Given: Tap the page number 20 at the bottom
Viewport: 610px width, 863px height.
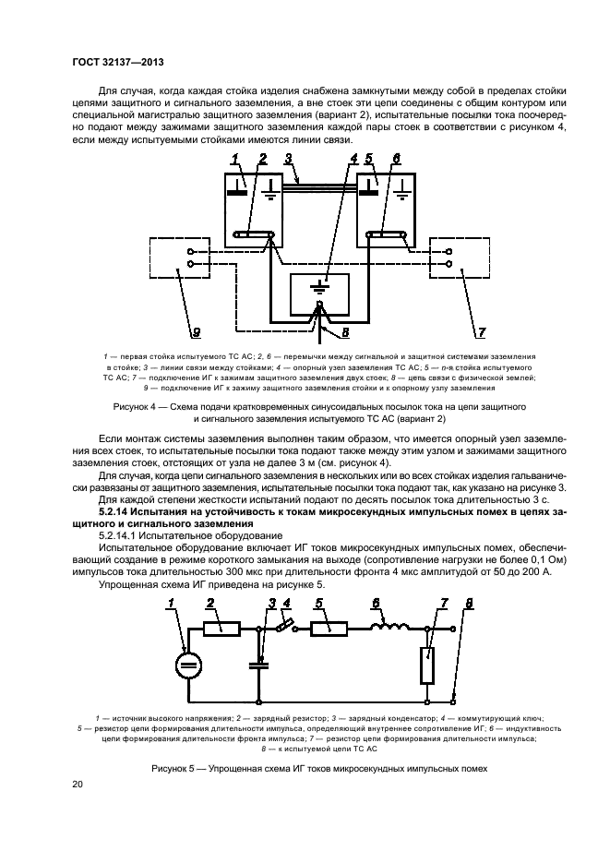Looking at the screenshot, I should tap(78, 784).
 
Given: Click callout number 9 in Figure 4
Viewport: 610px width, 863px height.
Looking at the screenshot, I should tap(196, 330).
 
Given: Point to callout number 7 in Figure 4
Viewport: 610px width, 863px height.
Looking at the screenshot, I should tap(481, 330).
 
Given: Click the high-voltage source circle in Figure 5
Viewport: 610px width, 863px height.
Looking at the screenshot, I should tap(187, 665).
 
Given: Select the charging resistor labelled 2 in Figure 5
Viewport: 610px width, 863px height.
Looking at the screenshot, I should tap(222, 629).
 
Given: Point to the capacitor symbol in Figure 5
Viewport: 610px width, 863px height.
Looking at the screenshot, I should tap(258, 662).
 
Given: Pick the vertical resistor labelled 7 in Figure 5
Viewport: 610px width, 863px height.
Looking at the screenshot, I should tap(426, 665).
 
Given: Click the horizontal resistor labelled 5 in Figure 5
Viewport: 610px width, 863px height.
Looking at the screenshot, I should tap(329, 629).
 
